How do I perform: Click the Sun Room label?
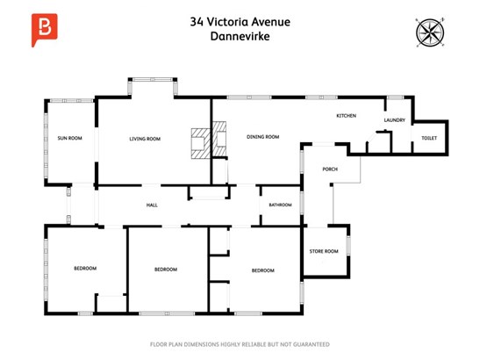(70, 138)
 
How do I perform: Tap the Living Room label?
(145, 139)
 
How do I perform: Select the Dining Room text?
(263, 137)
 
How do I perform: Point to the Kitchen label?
(347, 116)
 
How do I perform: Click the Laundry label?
(395, 120)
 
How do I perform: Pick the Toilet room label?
(429, 138)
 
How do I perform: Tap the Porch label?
(330, 169)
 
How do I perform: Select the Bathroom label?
(281, 205)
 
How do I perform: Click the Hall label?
(152, 205)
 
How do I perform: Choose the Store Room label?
(324, 251)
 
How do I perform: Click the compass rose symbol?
(430, 32)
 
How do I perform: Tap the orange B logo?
(45, 30)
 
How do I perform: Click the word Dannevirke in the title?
(240, 36)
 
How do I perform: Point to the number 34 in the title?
(197, 22)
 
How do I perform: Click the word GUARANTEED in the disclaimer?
(312, 344)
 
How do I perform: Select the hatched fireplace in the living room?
(201, 143)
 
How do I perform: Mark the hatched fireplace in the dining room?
(219, 139)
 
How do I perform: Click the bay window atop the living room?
(153, 80)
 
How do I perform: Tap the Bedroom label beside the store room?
(263, 270)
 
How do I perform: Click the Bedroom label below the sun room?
(85, 269)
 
